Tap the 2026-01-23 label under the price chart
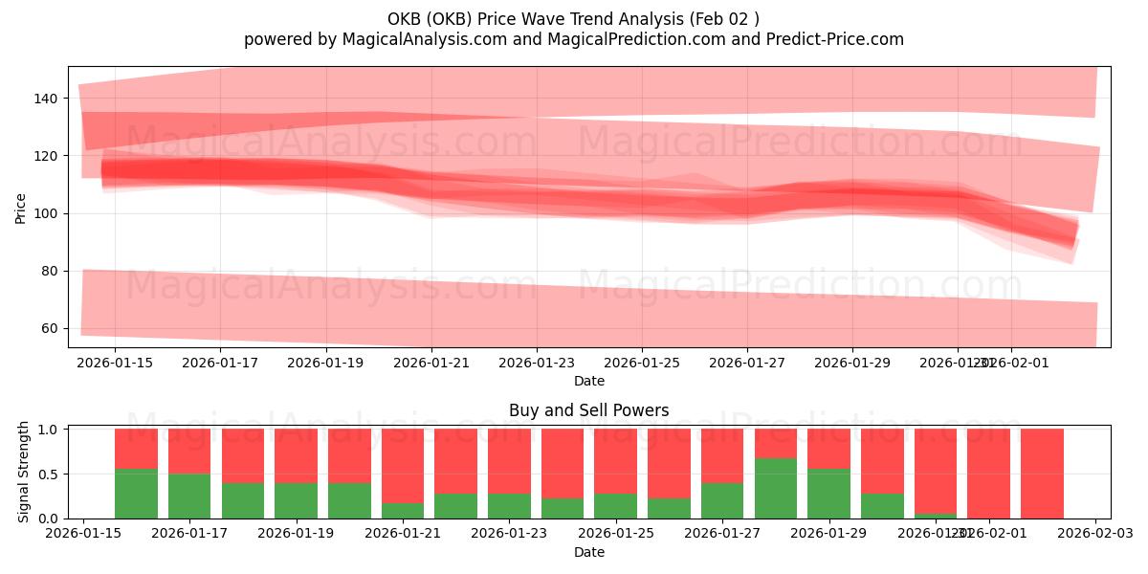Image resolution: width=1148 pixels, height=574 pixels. [537, 363]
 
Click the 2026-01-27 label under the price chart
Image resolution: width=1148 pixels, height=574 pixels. [747, 363]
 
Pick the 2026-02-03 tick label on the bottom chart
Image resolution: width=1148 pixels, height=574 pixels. [1094, 534]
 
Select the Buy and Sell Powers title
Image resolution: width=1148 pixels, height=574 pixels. [588, 410]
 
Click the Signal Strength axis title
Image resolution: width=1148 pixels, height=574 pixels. [24, 472]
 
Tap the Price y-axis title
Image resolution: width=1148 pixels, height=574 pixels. [21, 208]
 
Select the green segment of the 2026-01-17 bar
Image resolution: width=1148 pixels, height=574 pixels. [189, 496]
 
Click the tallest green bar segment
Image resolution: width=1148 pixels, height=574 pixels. [776, 488]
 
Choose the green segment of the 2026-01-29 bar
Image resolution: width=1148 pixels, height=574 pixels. [828, 493]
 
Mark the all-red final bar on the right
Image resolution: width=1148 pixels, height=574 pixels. [1042, 474]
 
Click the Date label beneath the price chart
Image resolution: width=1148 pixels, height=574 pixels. [588, 381]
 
